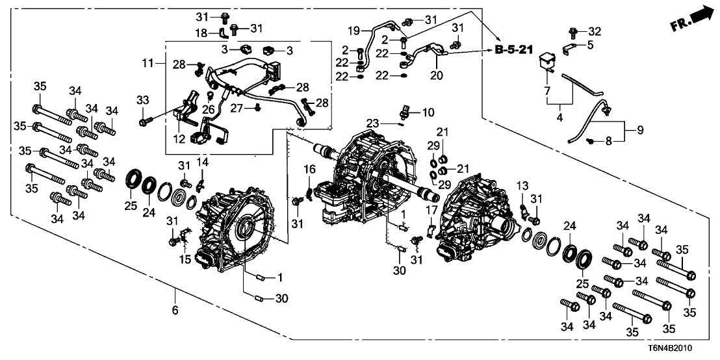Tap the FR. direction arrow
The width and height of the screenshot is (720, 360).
[691, 19]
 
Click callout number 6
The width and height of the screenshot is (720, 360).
[175, 311]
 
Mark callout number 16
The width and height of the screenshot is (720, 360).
[309, 170]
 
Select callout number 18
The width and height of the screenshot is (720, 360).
[202, 32]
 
